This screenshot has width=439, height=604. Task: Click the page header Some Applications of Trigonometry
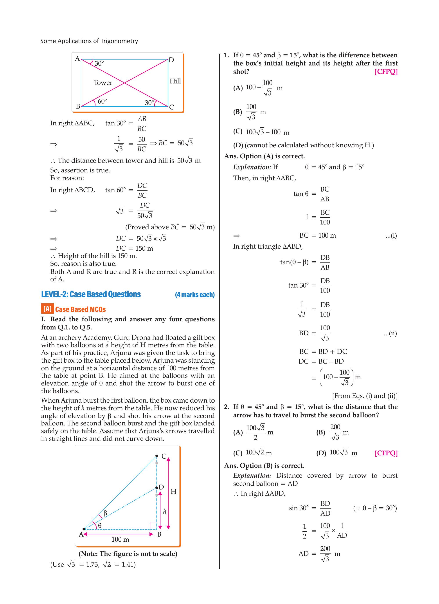(89, 41)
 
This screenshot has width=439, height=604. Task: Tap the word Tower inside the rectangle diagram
(103, 83)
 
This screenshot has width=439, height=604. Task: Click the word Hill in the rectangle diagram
(175, 81)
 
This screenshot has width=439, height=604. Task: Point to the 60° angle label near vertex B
(102, 101)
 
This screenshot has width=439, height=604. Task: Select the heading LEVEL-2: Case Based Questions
(91, 294)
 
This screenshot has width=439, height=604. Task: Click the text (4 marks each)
(195, 295)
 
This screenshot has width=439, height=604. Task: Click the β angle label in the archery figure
(105, 513)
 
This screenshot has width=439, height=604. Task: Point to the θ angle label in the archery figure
(100, 525)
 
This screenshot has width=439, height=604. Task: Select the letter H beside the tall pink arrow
(173, 492)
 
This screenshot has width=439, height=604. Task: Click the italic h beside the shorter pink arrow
(165, 511)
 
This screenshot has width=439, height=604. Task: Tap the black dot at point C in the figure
(157, 456)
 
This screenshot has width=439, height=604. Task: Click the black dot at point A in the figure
(84, 529)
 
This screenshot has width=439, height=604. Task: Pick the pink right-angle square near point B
(154, 526)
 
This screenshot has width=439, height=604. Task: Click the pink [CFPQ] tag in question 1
(386, 72)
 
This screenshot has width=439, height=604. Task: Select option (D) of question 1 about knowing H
(304, 145)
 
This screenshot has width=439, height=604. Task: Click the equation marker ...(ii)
(390, 333)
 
